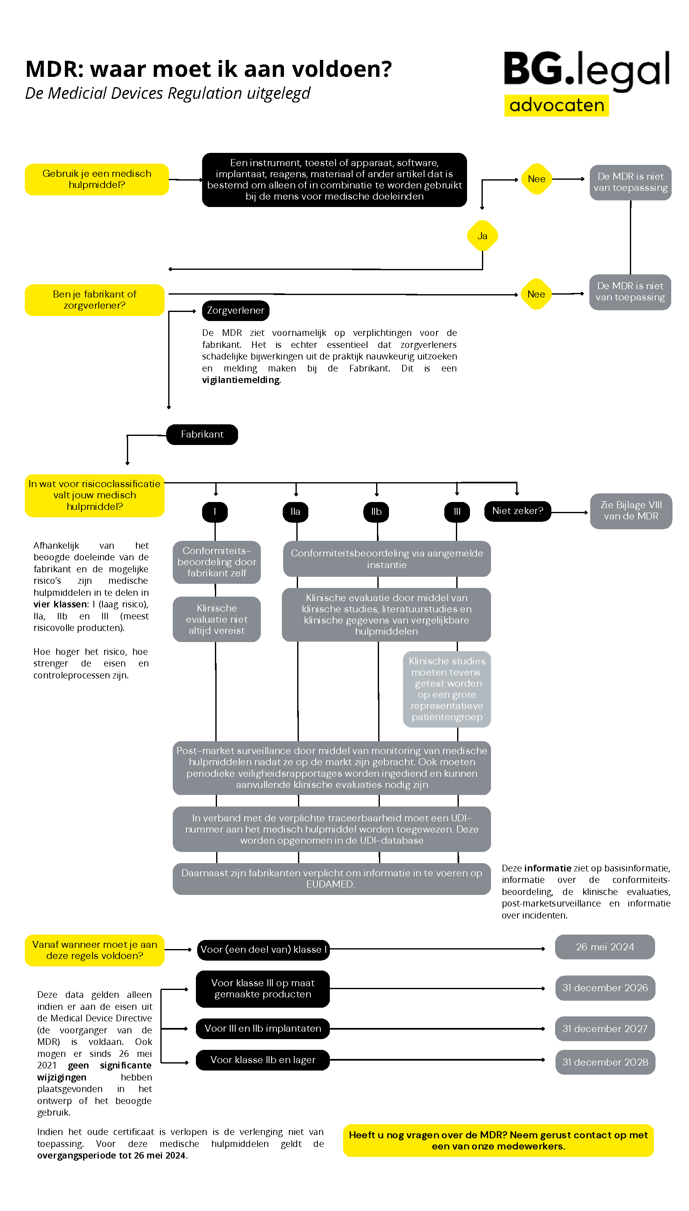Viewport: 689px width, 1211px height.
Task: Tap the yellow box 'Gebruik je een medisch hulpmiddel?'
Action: click(97, 179)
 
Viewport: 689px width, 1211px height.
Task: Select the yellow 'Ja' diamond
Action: click(482, 236)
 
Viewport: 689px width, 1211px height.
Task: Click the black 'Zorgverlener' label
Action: click(235, 310)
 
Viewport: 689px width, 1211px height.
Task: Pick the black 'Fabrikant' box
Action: click(202, 434)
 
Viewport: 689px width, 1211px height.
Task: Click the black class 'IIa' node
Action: click(295, 512)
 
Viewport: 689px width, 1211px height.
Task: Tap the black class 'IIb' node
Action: click(376, 512)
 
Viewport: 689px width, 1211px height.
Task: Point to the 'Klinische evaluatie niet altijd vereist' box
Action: click(216, 619)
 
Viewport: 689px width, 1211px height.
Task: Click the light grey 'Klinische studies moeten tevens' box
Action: click(447, 688)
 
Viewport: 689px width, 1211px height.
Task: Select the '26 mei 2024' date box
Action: click(604, 947)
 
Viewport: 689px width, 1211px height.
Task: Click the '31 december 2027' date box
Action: click(604, 1028)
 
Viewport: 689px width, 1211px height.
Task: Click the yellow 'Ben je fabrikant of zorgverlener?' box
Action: click(95, 300)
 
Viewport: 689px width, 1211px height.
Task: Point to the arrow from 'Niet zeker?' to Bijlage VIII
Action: click(570, 512)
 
